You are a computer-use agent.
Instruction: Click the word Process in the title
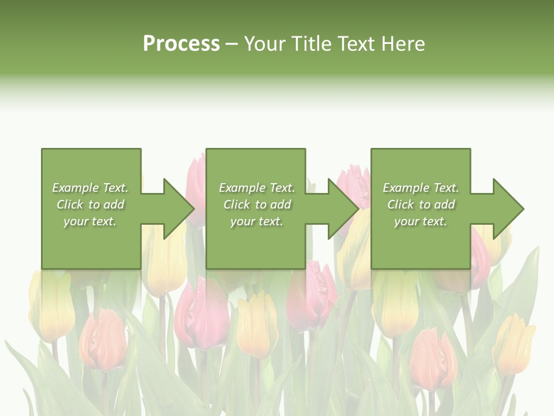(181, 44)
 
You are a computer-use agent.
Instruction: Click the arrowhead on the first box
(177, 209)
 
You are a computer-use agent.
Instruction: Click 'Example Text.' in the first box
(90, 188)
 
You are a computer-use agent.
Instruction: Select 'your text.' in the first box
(90, 221)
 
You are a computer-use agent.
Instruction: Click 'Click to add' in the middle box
(257, 205)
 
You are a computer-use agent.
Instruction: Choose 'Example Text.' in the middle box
(257, 188)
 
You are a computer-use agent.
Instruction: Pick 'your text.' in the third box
(421, 221)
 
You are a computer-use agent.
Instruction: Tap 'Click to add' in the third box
(421, 205)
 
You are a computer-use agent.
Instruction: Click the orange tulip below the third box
(433, 358)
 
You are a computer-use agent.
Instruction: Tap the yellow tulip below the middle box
(257, 324)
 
